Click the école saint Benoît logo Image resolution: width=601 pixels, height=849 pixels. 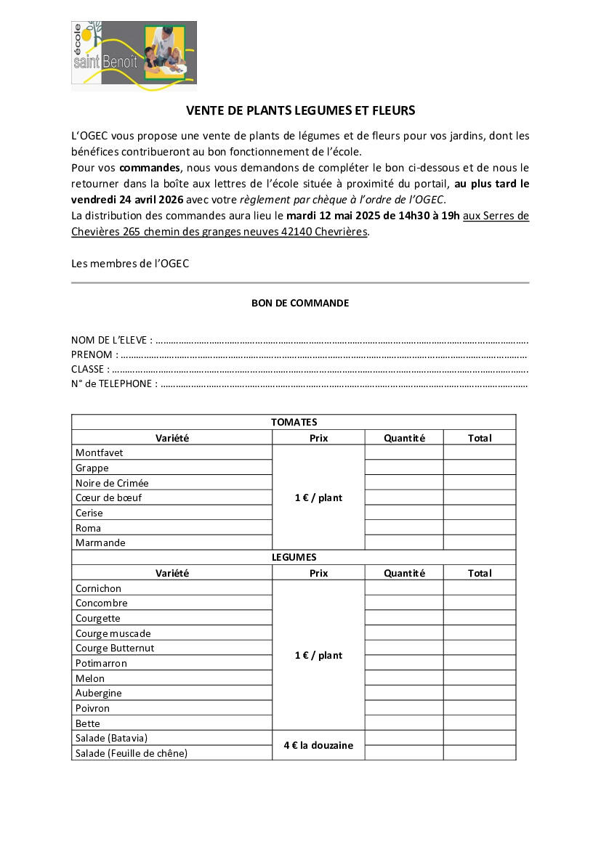pos(134,55)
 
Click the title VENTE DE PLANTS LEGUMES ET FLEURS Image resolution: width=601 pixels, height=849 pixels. pos(300,110)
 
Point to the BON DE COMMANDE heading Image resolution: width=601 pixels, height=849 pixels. pos(300,303)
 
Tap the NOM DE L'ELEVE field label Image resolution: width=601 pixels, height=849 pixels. pos(112,340)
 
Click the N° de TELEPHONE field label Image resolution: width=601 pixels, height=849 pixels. pos(114,383)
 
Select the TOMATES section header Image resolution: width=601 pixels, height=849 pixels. pos(294,422)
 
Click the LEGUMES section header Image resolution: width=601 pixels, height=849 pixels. pos(294,557)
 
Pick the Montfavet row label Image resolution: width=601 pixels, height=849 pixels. pos(100,452)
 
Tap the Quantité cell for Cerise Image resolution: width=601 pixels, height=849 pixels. pos(404,513)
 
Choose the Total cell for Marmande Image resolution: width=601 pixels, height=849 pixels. pos(480,543)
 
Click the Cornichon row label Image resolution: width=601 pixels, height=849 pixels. pos(99,588)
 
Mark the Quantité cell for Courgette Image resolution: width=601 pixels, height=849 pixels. pos(404,618)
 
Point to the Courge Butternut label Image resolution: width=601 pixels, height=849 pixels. pos(115,648)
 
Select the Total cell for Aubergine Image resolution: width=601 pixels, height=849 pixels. pos(480,693)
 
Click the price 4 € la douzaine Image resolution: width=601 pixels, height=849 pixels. pos(318,745)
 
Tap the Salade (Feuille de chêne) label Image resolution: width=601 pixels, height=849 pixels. pos(132,753)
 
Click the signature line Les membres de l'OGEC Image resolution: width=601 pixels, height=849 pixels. pos(130,264)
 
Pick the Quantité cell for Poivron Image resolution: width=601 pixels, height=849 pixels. pos(404,708)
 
